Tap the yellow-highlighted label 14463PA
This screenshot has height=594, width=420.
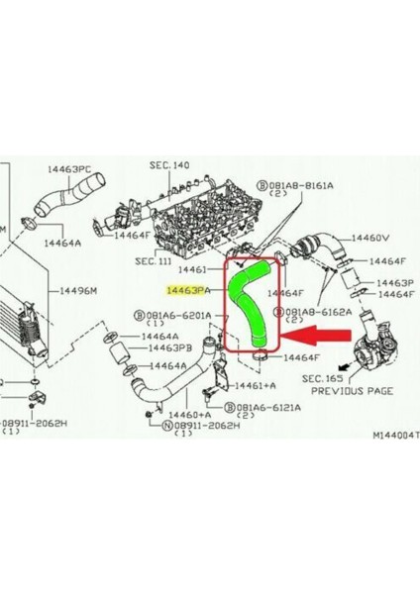[189, 291]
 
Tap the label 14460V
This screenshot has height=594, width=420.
[371, 239]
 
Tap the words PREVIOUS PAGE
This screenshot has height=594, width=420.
[352, 391]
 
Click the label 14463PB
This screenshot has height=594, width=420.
[170, 348]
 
